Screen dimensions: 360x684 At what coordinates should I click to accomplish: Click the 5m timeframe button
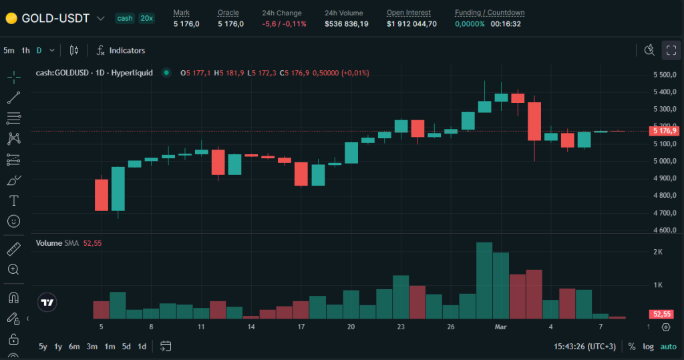[x=9, y=50]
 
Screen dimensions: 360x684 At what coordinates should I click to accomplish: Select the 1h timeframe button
[x=25, y=50]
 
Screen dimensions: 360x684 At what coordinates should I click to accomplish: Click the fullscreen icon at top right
[x=671, y=50]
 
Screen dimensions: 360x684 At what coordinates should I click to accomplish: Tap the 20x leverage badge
[x=146, y=18]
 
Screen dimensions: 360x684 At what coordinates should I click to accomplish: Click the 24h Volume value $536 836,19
[x=346, y=24]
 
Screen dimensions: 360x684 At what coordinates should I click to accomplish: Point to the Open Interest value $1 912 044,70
[x=411, y=24]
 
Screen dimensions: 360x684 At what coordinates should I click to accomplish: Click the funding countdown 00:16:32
[x=506, y=24]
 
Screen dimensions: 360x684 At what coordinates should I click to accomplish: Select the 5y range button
[x=43, y=346]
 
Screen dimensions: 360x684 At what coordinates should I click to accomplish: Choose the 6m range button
[x=74, y=346]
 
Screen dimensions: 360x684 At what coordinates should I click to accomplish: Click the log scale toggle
[x=648, y=346]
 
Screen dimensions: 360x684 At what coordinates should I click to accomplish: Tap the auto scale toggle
[x=668, y=346]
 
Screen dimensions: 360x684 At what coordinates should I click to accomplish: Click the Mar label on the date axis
[x=501, y=327]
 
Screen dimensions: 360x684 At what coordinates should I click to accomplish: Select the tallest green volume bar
[x=484, y=281]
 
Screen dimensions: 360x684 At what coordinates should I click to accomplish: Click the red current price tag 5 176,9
[x=665, y=131]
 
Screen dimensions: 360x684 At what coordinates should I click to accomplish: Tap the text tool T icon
[x=13, y=200]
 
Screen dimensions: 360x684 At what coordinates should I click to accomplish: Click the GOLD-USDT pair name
[x=55, y=18]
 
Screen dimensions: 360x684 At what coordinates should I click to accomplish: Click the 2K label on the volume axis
[x=657, y=252]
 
